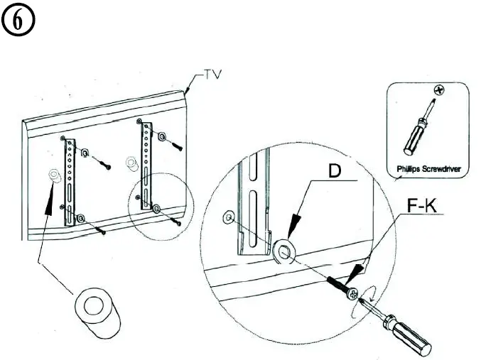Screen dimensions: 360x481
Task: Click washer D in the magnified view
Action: (x=283, y=250)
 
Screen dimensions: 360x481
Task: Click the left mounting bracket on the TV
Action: (x=70, y=181)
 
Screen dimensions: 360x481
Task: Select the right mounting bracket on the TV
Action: (x=148, y=165)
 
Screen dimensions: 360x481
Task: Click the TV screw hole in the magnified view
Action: (x=228, y=217)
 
